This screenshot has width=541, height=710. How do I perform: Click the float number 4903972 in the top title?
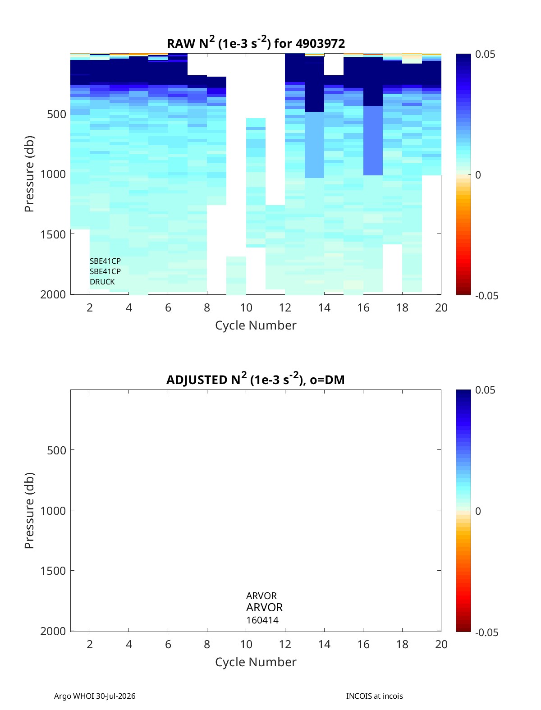point(320,43)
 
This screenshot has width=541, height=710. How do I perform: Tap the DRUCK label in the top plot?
point(102,282)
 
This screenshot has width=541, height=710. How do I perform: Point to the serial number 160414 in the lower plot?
point(262,620)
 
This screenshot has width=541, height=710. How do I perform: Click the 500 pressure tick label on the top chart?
point(57,114)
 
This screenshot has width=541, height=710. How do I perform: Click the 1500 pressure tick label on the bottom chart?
point(53,571)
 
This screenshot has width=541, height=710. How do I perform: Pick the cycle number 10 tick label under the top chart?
point(246,307)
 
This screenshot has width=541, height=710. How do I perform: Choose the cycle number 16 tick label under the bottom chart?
point(363,644)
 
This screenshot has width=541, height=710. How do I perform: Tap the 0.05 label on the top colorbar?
point(485,54)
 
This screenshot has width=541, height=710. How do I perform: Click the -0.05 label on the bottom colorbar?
point(486,632)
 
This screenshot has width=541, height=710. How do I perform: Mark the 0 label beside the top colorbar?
point(478,175)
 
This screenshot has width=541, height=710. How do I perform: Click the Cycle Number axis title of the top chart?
point(256,325)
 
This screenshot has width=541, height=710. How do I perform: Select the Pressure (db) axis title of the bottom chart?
point(29,510)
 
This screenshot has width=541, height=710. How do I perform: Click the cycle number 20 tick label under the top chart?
point(441,307)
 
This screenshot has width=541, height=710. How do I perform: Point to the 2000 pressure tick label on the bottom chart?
point(53,631)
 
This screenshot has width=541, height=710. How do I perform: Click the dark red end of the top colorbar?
point(463,293)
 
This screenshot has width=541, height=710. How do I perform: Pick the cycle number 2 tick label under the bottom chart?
point(90,644)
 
